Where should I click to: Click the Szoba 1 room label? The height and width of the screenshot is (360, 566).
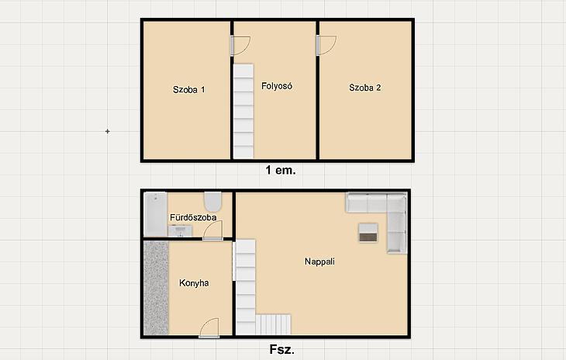pos(188,89)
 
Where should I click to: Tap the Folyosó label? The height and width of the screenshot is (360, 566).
pos(277,86)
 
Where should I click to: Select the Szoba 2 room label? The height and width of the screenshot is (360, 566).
pos(365,88)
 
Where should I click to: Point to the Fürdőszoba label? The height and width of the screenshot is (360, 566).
pos(193,217)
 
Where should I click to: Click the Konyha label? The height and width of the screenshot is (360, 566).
pos(194,282)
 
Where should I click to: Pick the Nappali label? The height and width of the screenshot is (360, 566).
pos(319,261)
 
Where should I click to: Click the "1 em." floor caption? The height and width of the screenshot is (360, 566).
pos(281,170)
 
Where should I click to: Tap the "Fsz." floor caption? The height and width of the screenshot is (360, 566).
pos(281,349)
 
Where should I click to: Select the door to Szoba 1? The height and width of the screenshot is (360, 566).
pos(240,46)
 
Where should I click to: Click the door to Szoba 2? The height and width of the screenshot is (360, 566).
pos(326,46)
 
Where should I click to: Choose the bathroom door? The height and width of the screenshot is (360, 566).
pos(212,230)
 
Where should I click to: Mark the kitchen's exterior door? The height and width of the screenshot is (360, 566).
pos(209,328)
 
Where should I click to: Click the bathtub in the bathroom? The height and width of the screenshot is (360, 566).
pos(155,214)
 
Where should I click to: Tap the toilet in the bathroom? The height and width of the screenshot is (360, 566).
pos(213,202)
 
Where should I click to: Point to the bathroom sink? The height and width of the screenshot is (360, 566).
pos(180,231)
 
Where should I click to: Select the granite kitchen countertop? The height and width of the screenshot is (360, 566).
pos(156,288)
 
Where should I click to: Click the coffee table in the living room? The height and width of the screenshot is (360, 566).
pos(368,233)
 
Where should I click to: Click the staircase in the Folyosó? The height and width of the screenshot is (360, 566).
pos(243,111)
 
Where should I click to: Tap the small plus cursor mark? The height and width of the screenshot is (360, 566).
pos(107,131)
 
